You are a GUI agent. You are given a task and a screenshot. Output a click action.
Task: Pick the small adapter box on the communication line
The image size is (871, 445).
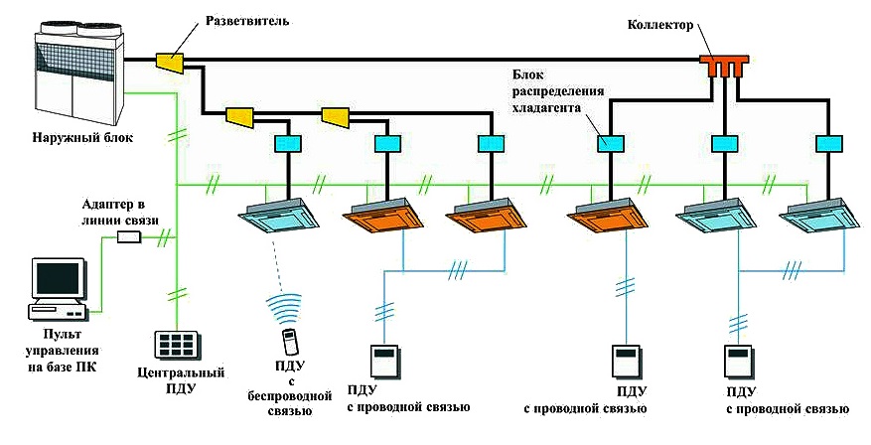(x=129, y=236)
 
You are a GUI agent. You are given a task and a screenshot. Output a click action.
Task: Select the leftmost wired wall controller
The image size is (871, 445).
(x=384, y=359)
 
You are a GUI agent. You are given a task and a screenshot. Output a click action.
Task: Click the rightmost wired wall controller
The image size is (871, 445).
(x=738, y=359)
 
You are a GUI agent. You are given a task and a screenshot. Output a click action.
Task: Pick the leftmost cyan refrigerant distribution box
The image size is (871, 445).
(x=286, y=144)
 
